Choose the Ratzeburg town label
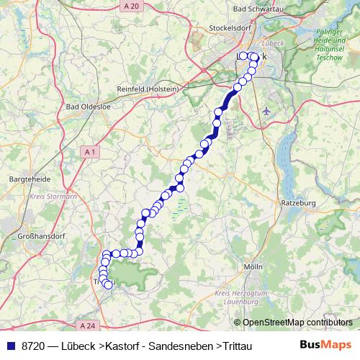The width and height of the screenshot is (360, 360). (298, 204)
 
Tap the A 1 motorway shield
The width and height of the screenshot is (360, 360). (89, 152)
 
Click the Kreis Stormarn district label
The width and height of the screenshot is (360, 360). (53, 195)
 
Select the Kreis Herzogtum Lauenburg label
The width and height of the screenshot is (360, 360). (240, 297)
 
